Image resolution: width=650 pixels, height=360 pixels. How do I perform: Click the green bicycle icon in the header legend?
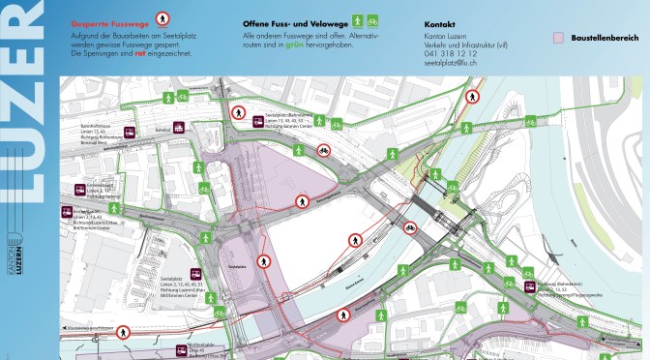pos(370,19)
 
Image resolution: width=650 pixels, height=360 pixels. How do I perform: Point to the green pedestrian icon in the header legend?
pos(356,19)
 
